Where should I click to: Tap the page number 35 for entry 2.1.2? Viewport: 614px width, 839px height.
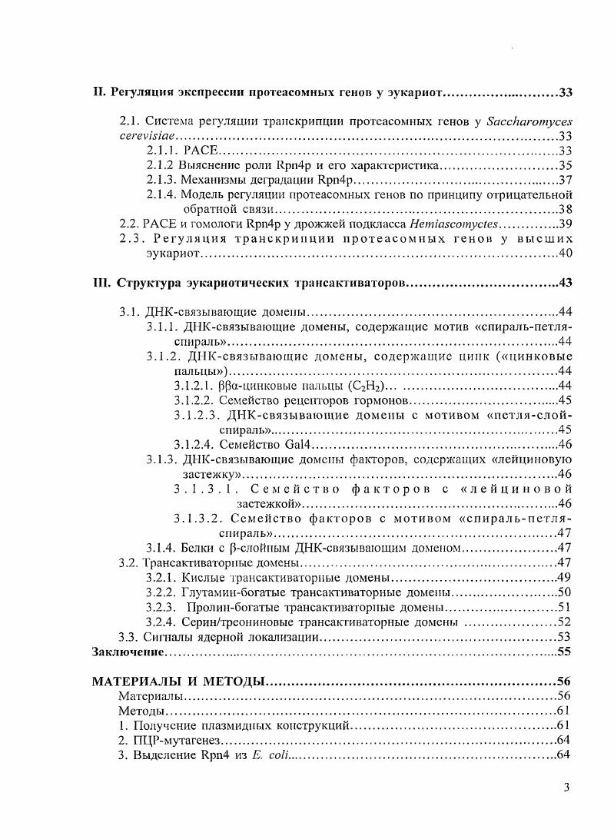(566, 165)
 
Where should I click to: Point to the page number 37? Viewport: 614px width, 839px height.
(566, 180)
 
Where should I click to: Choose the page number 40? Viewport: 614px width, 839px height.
(566, 253)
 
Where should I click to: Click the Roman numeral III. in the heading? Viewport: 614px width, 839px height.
(102, 283)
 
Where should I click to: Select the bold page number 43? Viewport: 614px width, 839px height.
(566, 283)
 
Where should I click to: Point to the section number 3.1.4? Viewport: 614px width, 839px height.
(161, 549)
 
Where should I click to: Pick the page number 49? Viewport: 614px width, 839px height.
(566, 578)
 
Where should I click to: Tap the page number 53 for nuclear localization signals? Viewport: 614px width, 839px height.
(566, 637)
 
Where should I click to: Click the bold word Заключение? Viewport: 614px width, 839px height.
(128, 652)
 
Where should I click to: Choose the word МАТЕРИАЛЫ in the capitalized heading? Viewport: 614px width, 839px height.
(134, 681)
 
